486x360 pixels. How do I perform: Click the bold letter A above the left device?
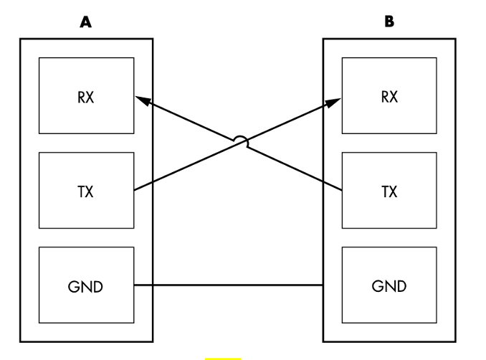[x=86, y=22]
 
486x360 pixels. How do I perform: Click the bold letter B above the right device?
[x=389, y=22]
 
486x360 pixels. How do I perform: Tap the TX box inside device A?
[x=87, y=191]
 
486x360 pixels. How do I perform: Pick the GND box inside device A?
[x=87, y=285]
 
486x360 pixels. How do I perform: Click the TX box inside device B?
[x=389, y=191]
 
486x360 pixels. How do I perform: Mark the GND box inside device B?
[x=389, y=285]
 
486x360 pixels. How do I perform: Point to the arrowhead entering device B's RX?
[x=335, y=102]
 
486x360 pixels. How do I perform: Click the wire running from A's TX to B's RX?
[x=186, y=168]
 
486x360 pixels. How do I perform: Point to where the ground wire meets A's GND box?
[x=135, y=285]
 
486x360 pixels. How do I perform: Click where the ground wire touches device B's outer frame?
[x=324, y=285]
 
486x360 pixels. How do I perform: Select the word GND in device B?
[x=389, y=285]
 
